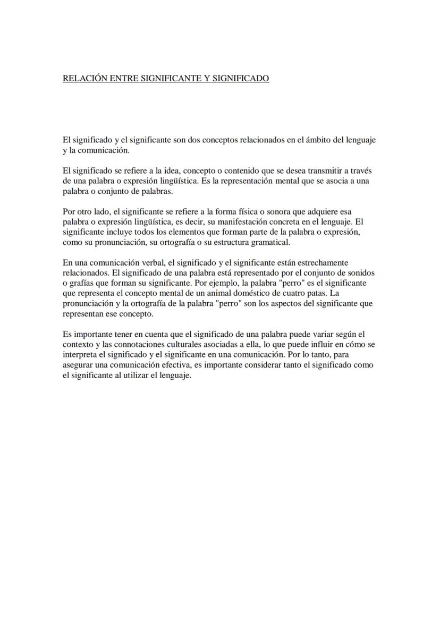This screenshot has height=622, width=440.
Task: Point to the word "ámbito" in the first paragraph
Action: pyautogui.click(x=319, y=140)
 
